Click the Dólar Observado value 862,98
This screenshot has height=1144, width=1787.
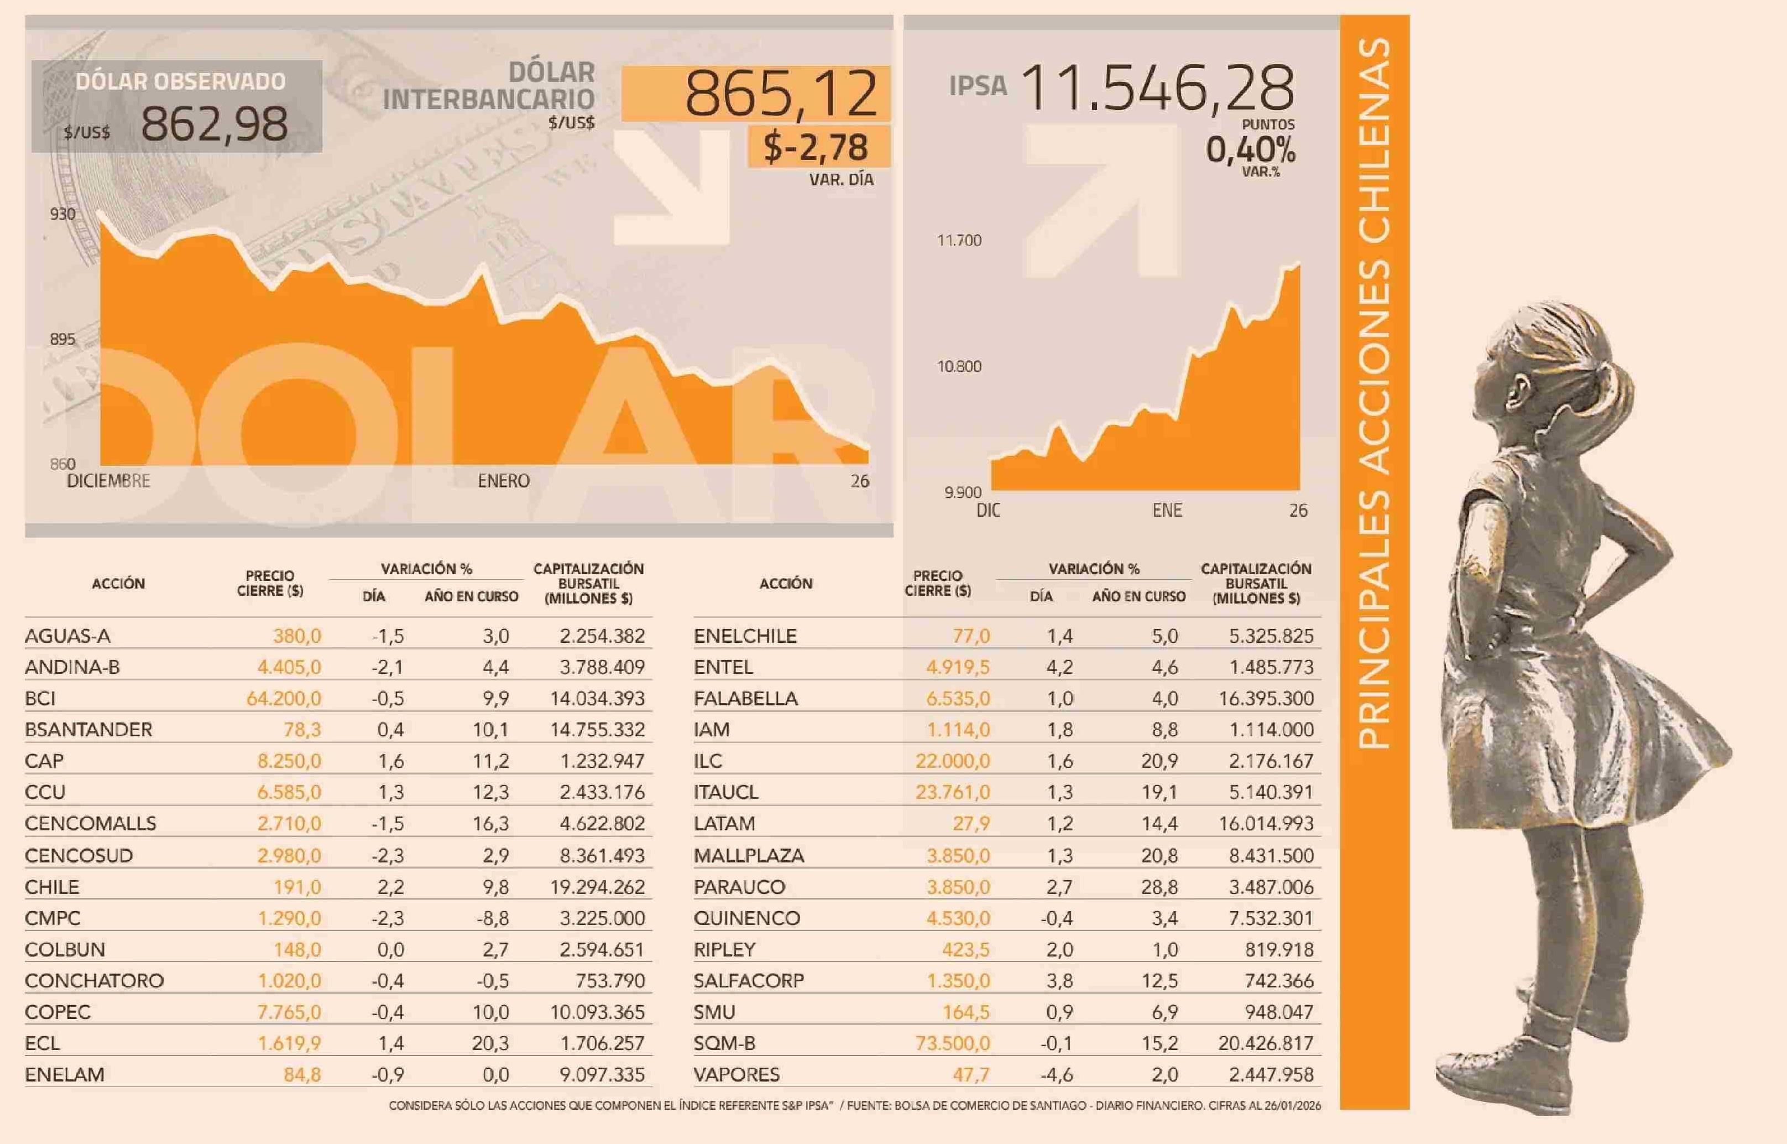point(214,123)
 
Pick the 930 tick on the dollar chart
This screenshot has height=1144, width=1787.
point(62,214)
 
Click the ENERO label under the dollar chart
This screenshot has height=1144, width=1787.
point(503,481)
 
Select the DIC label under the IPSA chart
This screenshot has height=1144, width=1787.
point(988,511)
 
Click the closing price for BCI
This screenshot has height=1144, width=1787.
point(284,698)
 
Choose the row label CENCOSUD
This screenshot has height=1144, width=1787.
point(79,855)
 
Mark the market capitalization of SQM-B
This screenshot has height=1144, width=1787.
point(1265,1043)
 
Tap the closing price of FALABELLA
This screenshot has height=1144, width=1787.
point(957,698)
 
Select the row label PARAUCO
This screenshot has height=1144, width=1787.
point(739,887)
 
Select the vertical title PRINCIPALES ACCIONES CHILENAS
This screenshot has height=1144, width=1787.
point(1373,394)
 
